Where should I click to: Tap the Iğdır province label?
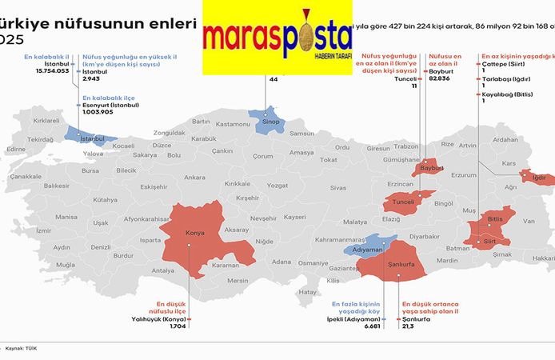pos(538,177)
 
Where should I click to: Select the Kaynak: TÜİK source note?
pos(21,349)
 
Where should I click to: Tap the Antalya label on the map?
pos(162,270)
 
